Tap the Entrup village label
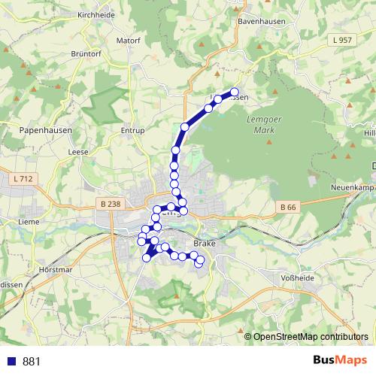coord(132,130)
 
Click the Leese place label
coord(78,151)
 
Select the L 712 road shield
coord(23,179)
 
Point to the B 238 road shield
coord(110,203)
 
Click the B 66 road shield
coord(288,207)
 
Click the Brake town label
coord(204,244)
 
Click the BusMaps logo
coord(340,361)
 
